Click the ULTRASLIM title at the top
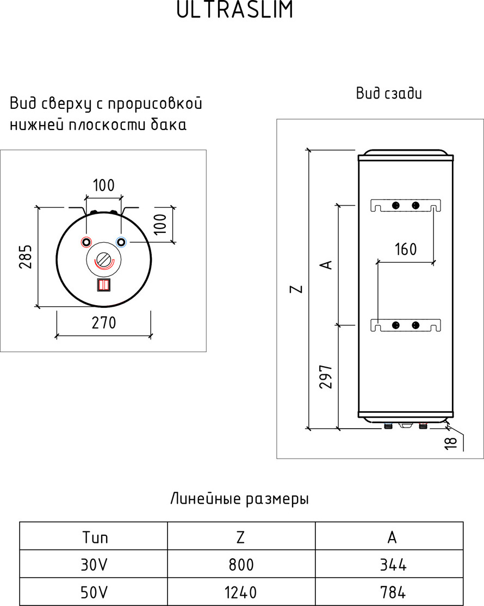pos(235,9)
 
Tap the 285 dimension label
pos(26,256)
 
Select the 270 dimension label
pos(104,323)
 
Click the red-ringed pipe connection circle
pos(86,242)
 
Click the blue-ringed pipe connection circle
pos(121,242)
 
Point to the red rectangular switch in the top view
pos(104,285)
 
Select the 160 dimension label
pos(406,249)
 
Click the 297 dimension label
pos(326,376)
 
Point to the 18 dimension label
pos(451,442)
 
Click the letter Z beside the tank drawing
pos(296,289)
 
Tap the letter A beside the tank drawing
pos(327,264)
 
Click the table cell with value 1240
pos(241,592)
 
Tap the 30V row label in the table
pos(94,565)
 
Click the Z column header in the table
pos(241,536)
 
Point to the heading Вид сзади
pos(389,94)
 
